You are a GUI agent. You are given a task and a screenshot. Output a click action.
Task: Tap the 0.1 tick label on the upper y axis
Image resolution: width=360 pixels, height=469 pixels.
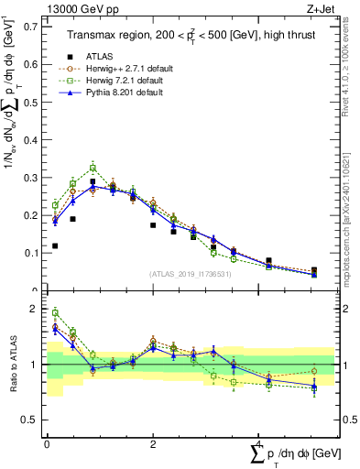[30, 252]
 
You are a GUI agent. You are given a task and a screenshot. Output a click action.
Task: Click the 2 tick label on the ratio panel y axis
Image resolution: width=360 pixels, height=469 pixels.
[36, 310]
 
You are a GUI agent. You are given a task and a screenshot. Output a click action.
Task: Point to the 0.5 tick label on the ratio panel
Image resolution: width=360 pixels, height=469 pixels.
[31, 420]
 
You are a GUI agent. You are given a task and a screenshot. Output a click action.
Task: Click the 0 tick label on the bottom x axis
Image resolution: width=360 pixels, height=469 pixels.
[47, 443]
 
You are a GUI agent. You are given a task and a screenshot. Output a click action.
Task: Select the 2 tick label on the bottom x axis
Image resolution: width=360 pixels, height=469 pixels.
[152, 443]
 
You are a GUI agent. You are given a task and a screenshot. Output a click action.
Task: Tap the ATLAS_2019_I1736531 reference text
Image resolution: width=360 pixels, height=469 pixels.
[191, 274]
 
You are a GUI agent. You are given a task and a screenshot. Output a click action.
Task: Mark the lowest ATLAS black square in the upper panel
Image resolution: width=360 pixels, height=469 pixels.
[314, 271]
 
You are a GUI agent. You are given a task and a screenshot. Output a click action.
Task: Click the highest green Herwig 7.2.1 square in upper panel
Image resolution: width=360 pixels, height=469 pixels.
[93, 168]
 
